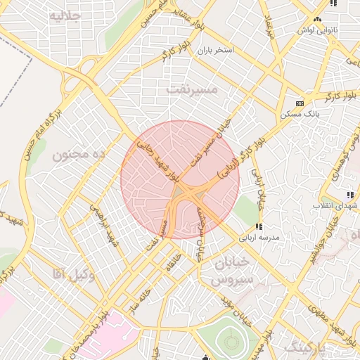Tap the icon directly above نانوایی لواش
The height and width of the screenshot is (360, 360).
pos(318,20)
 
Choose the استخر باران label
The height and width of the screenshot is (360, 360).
pos(214,51)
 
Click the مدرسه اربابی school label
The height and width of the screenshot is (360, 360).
pos(260,238)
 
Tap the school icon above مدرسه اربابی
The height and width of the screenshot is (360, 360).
pos(259,226)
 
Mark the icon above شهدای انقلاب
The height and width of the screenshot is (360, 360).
pos(349,195)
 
